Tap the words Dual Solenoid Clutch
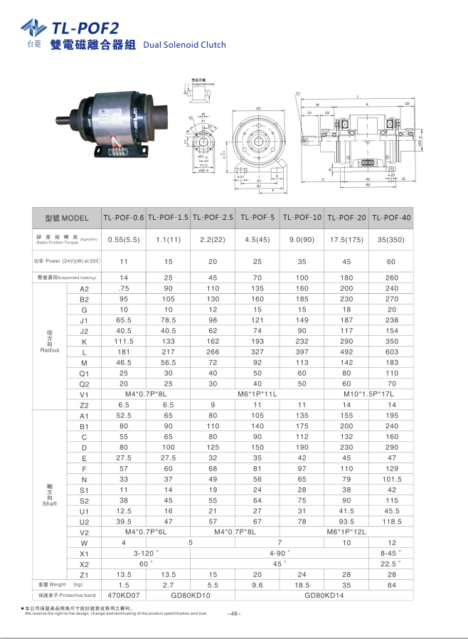[185, 45]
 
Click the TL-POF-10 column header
[302, 217]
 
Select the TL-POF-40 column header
[391, 217]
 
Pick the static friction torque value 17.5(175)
[347, 240]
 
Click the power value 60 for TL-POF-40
[391, 261]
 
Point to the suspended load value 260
[391, 278]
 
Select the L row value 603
[391, 352]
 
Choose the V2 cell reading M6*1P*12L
[346, 532]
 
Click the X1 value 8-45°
[391, 552]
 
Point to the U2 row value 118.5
[391, 521]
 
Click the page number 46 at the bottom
[234, 613]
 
